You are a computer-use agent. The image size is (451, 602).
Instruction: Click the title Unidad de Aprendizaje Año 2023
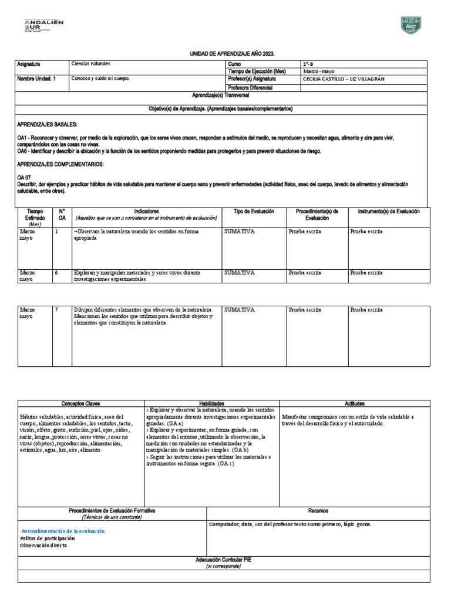[x=225, y=53]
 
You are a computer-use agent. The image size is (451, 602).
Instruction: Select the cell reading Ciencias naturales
[x=90, y=63]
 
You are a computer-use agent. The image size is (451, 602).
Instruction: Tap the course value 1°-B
[x=309, y=63]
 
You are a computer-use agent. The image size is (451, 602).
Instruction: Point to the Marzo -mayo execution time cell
[x=319, y=71]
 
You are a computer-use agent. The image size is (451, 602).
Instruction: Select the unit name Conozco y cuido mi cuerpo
[x=100, y=78]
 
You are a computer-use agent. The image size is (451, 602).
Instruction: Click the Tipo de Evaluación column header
[x=254, y=211]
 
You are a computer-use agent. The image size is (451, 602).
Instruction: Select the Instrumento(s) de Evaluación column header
[x=385, y=211]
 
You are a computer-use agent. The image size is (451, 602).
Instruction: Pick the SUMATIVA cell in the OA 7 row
[x=239, y=309]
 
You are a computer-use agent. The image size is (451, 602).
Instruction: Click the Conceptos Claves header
[x=81, y=404]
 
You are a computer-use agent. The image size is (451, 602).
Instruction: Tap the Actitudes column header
[x=355, y=404]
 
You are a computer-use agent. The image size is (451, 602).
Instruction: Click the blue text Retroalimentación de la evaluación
[x=63, y=530]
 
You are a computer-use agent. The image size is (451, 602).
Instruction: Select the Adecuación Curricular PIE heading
[x=225, y=560]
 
